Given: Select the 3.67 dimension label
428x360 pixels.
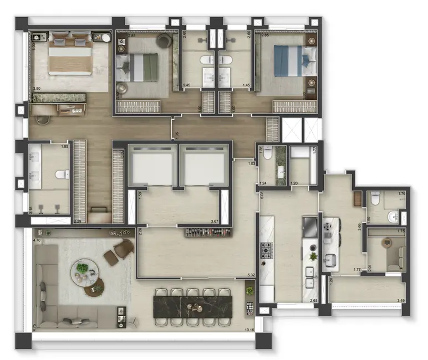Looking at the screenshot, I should [x=215, y=222].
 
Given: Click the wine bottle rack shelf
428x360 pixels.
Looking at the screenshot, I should [x=207, y=232].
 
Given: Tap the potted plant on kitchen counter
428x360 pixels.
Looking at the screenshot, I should [x=313, y=256].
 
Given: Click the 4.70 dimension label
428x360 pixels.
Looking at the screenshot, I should [x=37, y=241].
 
